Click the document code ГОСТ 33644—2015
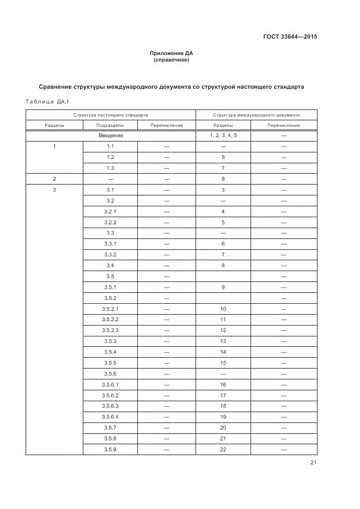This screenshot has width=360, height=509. click(290, 37)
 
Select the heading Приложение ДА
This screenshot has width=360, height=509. click(172, 53)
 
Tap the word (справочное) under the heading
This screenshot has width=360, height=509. click(172, 60)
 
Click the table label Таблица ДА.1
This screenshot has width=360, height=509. click(44, 102)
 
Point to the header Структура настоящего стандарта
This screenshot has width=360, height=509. click(111, 115)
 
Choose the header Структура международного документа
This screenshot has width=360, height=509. click(256, 115)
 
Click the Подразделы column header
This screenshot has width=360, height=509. click(110, 125)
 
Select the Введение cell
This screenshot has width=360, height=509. click(111, 136)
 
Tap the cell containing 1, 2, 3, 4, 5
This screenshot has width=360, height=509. click(223, 136)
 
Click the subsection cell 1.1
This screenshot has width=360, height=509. click(110, 146)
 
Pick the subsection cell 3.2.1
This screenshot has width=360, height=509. click(110, 211)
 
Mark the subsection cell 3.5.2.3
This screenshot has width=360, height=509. click(110, 330)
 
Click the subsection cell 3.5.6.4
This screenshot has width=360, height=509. click(110, 417)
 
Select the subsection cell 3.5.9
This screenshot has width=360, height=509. click(110, 450)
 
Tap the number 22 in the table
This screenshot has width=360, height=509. click(223, 450)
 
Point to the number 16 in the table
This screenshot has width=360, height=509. click(223, 385)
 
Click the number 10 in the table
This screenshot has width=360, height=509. click(223, 309)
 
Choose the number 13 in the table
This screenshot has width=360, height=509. click(223, 341)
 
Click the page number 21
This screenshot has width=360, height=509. click(313, 463)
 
